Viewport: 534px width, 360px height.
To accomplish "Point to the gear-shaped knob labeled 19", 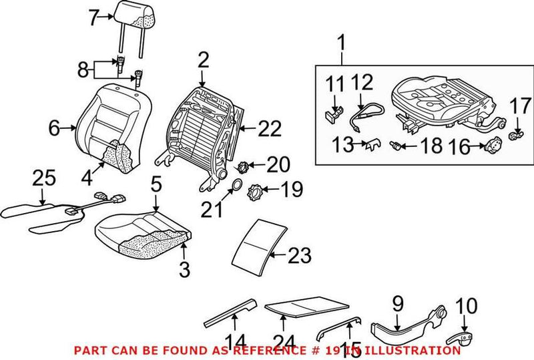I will pos(256,195).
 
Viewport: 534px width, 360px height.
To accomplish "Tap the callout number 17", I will pos(519,106).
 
